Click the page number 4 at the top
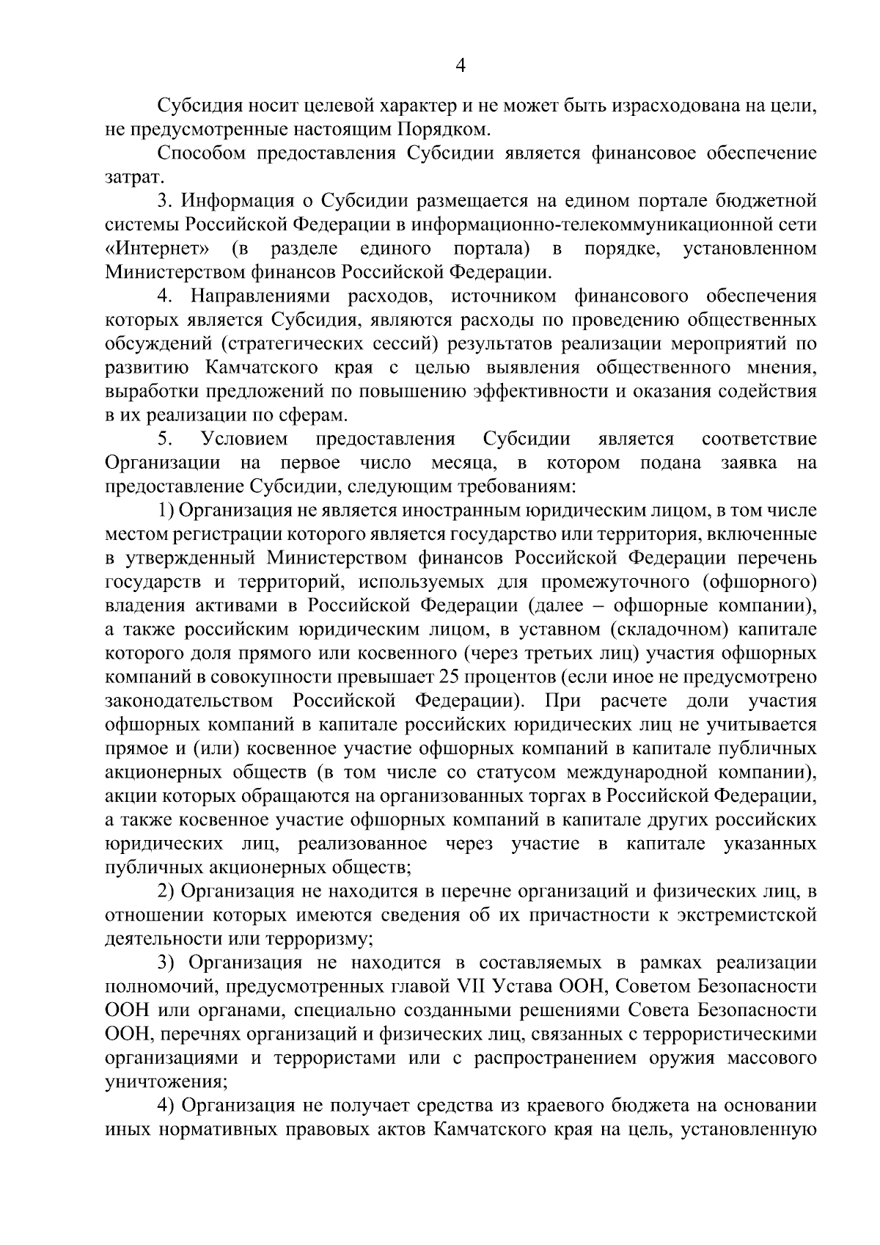pos(461,66)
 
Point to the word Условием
pos(244,439)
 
